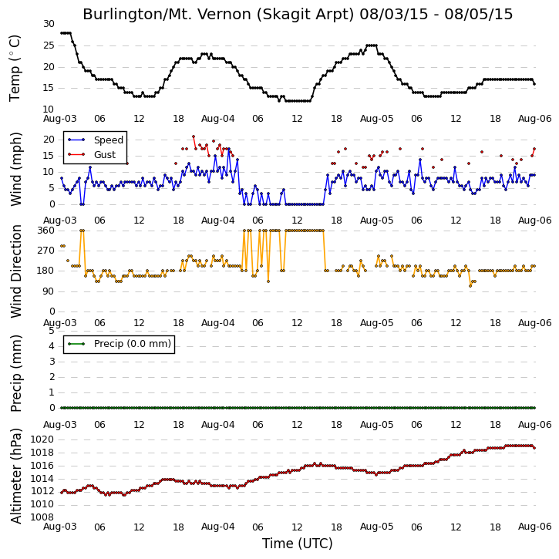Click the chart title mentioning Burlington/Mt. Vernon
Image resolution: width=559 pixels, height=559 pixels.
[x=298, y=14]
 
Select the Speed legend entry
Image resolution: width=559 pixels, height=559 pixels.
[x=96, y=140]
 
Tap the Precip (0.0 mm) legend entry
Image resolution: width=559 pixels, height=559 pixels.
[x=120, y=344]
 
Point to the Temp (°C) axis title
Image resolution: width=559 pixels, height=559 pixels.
[x=15, y=68]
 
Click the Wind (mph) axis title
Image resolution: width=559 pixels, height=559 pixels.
[x=15, y=170]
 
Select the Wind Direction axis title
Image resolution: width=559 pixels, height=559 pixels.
[x=15, y=271]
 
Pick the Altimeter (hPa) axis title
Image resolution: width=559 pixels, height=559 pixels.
[x=15, y=476]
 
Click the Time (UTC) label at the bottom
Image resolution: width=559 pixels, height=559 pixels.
[x=298, y=544]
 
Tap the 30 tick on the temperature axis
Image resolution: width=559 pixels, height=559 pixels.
[x=49, y=24]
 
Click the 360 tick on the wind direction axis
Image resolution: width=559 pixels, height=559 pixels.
[x=46, y=231]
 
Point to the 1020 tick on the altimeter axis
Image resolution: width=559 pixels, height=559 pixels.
[x=42, y=439]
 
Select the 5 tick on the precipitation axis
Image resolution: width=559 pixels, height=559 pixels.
[x=52, y=331]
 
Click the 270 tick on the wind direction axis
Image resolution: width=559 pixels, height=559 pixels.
[x=46, y=251]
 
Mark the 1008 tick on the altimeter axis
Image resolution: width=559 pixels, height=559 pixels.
[x=42, y=517]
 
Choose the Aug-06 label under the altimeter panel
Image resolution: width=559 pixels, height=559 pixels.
[x=534, y=527]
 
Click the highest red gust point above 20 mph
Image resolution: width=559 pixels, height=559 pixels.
[x=194, y=136]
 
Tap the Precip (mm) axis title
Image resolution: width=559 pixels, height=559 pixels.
[x=15, y=374]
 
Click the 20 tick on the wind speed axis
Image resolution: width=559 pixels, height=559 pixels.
[x=49, y=140]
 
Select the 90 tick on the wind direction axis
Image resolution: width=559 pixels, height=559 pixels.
[x=49, y=291]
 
